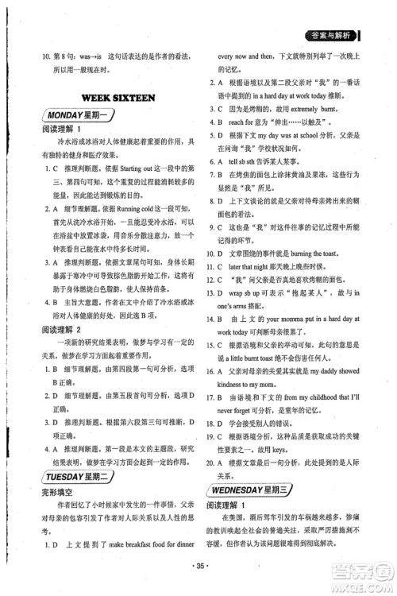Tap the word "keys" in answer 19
[x=274, y=448]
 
